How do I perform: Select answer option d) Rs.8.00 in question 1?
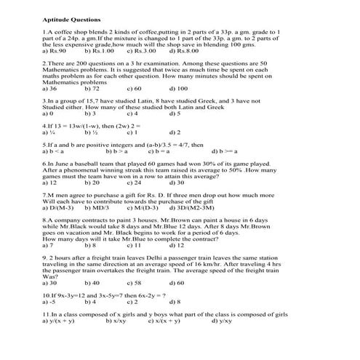click(185, 52)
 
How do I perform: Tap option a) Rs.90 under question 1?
click(55, 52)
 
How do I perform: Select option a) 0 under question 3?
click(48, 113)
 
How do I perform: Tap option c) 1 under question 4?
click(132, 133)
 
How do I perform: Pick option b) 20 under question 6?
click(92, 183)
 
